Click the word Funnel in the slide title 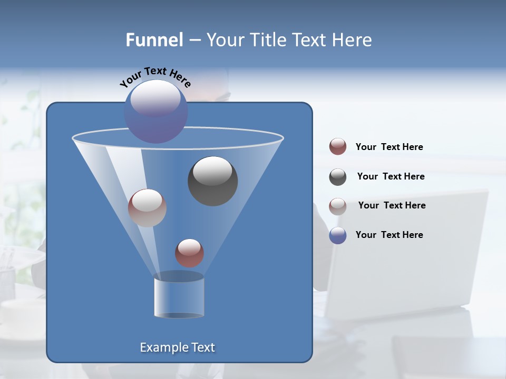pos(154,40)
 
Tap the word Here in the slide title pos(352,40)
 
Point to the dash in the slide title pos(194,40)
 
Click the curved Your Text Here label pos(155,77)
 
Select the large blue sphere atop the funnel pos(156,112)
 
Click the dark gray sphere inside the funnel pos(213,181)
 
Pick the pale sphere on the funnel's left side pos(147,208)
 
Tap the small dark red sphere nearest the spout pos(189,253)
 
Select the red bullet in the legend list pos(338,147)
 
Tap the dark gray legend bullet pos(338,177)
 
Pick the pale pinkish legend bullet pos(338,206)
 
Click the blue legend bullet pos(338,235)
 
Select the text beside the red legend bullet pos(389,147)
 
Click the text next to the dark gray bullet pos(391,176)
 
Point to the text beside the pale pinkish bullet pos(392,205)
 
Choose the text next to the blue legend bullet pos(389,235)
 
